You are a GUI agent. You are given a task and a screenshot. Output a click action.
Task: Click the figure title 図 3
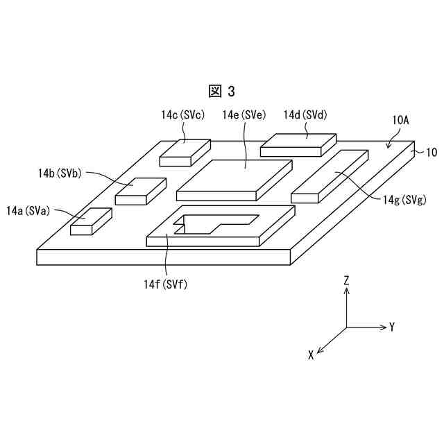pos(222,91)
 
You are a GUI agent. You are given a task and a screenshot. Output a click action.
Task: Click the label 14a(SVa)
pos(28,210)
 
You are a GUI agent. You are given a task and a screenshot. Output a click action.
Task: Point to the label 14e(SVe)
pos(243,115)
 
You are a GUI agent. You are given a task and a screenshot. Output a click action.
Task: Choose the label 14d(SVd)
pos(305,114)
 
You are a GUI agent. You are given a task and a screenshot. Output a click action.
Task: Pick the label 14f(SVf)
pos(166,284)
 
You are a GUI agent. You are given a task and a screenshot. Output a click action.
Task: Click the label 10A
pos(400,120)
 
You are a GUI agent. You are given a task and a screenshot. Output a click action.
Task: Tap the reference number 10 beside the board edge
pos(431,152)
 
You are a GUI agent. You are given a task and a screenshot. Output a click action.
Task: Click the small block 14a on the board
pos(90,221)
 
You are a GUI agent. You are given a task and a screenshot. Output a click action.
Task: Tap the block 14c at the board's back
pos(185,151)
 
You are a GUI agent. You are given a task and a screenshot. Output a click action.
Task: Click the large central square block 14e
pos(234,178)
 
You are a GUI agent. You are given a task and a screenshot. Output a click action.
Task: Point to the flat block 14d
pos(298,144)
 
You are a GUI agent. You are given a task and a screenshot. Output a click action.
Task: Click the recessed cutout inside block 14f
pos(201,223)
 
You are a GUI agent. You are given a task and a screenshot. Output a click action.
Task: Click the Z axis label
pos(346,281)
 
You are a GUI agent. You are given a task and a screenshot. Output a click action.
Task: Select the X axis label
pos(311,355)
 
